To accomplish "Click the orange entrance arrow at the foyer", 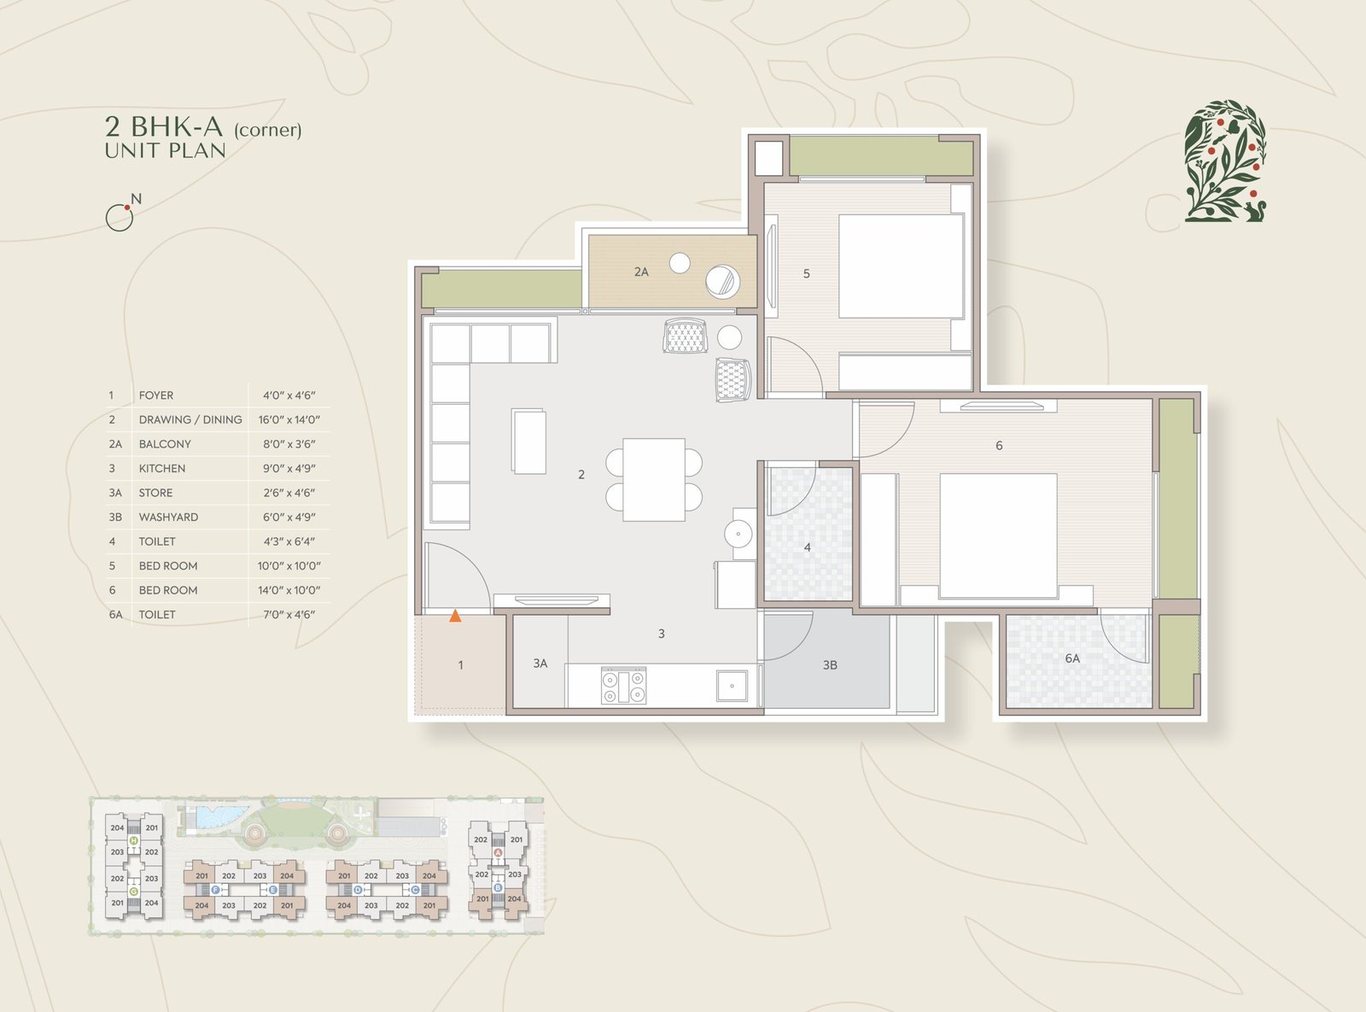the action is coord(455,615).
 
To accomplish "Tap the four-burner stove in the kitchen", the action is coord(624,686).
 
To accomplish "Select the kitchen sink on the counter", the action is coord(732,686).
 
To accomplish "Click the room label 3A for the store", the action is coord(540,664).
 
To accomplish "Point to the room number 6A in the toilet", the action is coord(1072,658).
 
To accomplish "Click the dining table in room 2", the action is coord(653,479).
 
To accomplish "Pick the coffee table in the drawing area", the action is coord(528,442).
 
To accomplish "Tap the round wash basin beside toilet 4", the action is coord(738,534).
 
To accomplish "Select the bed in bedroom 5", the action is coord(901,266).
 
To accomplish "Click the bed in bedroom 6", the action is coord(998,535).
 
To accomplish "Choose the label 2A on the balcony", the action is coord(641,272).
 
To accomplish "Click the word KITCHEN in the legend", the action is coord(162,468).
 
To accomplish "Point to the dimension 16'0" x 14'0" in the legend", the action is coord(289,419).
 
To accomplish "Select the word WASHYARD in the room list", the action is coord(168,517).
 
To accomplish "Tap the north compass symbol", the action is coord(123,213).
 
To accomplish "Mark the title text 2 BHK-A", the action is coord(164,126).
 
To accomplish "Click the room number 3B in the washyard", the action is coord(830,665).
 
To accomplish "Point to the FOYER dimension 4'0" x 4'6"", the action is coord(289,395).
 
